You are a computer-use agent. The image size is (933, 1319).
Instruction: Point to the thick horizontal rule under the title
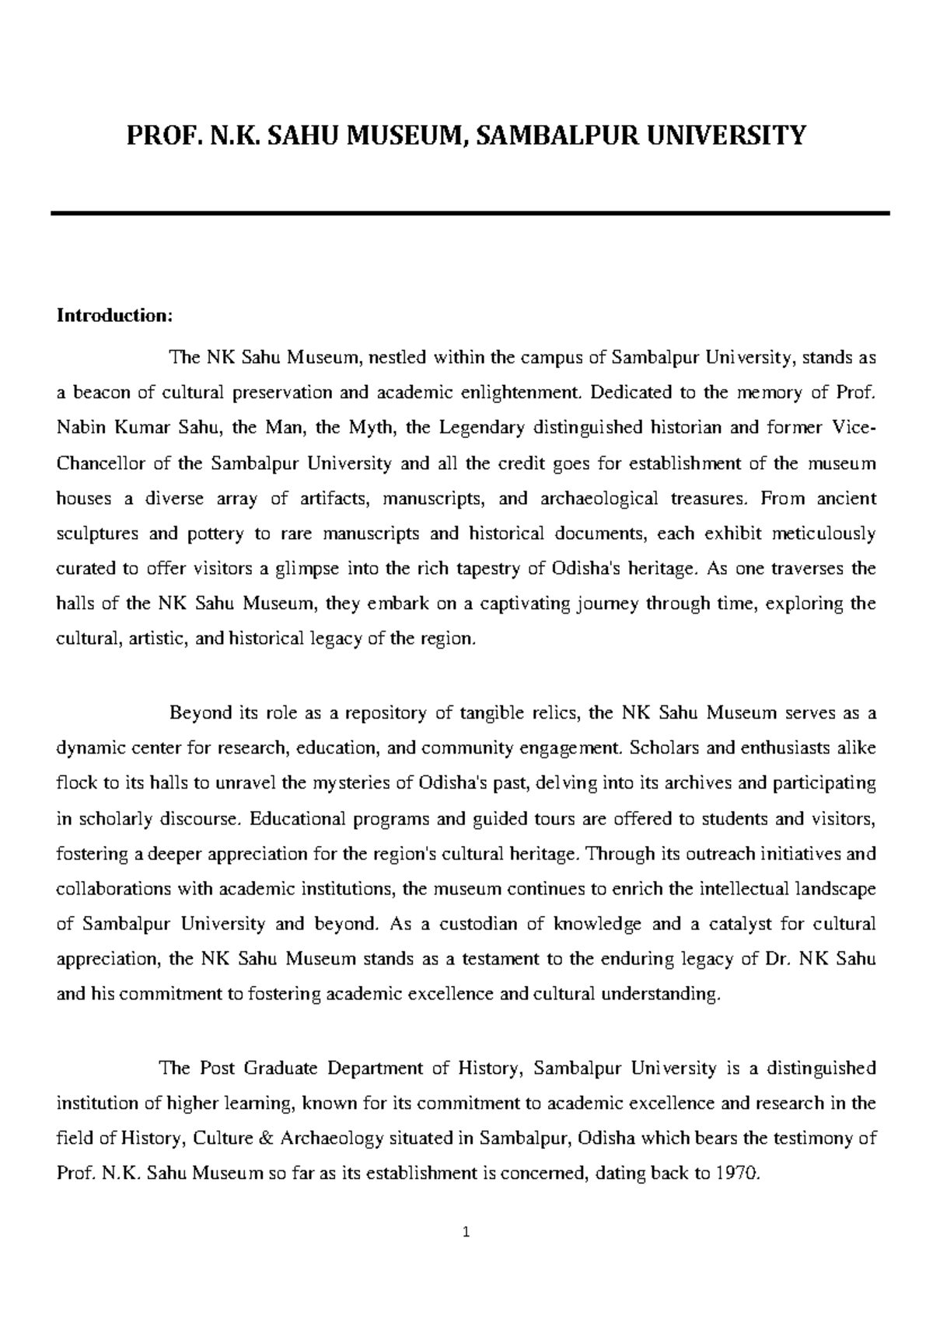(470, 212)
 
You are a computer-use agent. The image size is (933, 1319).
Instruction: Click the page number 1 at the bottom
(466, 1231)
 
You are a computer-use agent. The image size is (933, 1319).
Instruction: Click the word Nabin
(79, 429)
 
